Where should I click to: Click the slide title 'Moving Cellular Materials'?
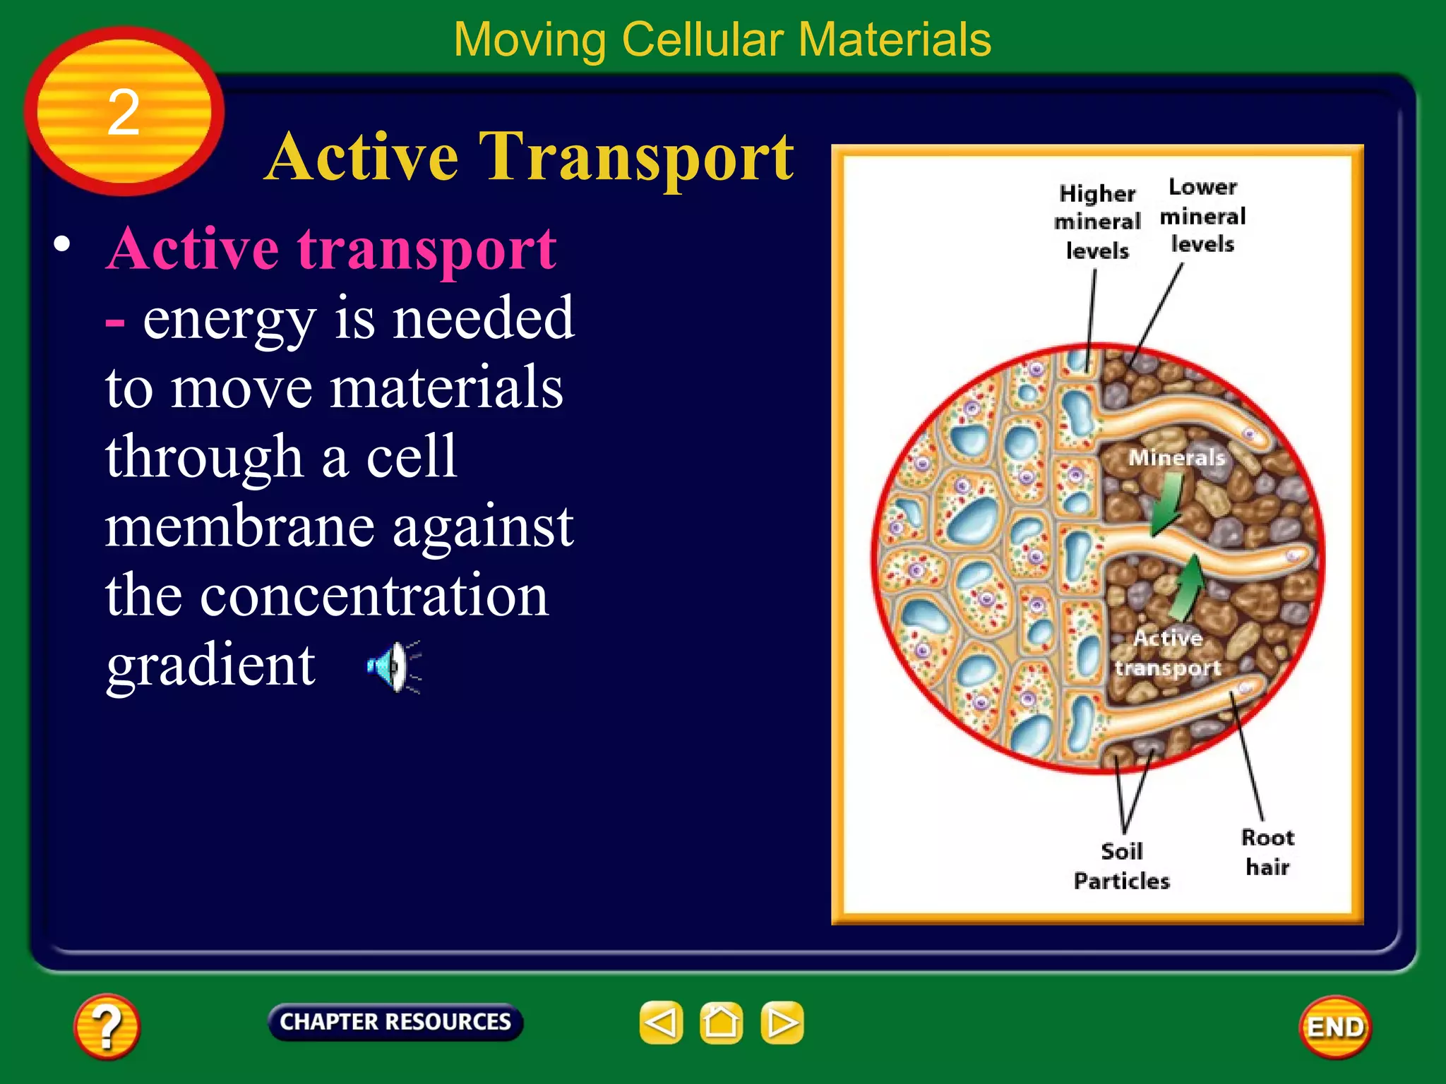click(722, 40)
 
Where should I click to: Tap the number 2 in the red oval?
click(124, 112)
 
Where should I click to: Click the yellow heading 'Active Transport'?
click(530, 157)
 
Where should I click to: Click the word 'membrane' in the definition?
click(239, 526)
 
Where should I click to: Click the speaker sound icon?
click(393, 666)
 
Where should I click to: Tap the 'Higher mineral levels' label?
click(1097, 222)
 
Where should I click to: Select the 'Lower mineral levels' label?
click(1203, 215)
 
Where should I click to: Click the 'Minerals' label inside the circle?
click(1176, 457)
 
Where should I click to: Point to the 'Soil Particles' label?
click(1121, 866)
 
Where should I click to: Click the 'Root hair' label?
click(1267, 852)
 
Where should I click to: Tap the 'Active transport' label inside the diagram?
click(1168, 653)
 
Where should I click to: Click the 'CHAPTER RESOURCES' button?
click(395, 1021)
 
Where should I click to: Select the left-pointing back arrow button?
click(661, 1022)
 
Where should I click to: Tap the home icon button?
click(721, 1022)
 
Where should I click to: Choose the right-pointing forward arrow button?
click(782, 1022)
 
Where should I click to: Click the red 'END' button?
click(1335, 1027)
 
